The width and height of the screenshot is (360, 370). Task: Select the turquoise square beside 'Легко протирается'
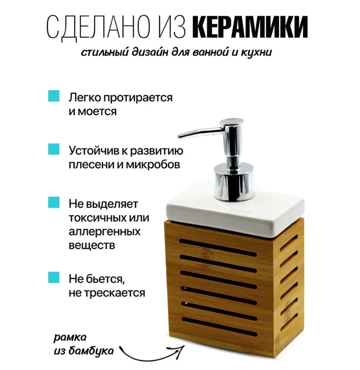click(x=54, y=96)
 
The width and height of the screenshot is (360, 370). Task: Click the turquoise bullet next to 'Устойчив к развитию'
click(x=54, y=149)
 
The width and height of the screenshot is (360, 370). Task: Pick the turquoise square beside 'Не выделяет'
click(x=54, y=202)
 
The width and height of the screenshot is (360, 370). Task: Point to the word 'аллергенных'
click(x=105, y=232)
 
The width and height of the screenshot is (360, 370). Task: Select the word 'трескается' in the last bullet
click(x=114, y=293)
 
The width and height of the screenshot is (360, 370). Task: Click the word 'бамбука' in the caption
click(x=91, y=351)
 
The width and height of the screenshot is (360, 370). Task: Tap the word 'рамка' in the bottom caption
click(x=70, y=338)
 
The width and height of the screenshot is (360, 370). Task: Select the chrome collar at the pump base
click(x=234, y=181)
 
